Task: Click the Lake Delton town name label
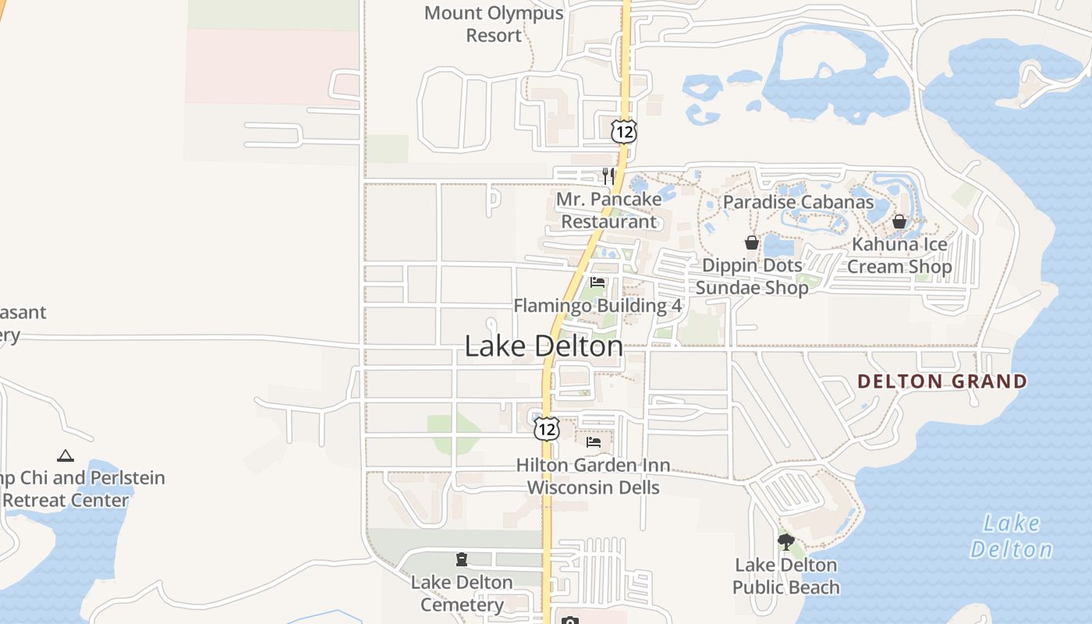tap(544, 346)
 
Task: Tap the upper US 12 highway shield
tap(624, 131)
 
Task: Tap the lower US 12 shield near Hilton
tap(547, 428)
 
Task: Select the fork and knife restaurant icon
tap(608, 176)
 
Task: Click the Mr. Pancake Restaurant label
tap(609, 211)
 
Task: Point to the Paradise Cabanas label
tap(798, 202)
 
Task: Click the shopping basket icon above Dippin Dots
tap(752, 243)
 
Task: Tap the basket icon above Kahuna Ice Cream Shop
tap(899, 222)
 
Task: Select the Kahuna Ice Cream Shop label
tap(899, 256)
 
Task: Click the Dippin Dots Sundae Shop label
tap(752, 277)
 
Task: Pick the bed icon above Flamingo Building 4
tap(597, 282)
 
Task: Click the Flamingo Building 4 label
tap(597, 306)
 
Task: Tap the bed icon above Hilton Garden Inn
tap(594, 442)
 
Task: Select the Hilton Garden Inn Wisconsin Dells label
tap(594, 477)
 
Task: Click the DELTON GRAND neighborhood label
tap(942, 381)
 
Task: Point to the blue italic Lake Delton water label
tap(1012, 536)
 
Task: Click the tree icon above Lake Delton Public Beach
tap(786, 541)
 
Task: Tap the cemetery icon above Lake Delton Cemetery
tap(462, 559)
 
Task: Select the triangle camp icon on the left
tap(66, 456)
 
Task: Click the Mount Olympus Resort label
tap(494, 24)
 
